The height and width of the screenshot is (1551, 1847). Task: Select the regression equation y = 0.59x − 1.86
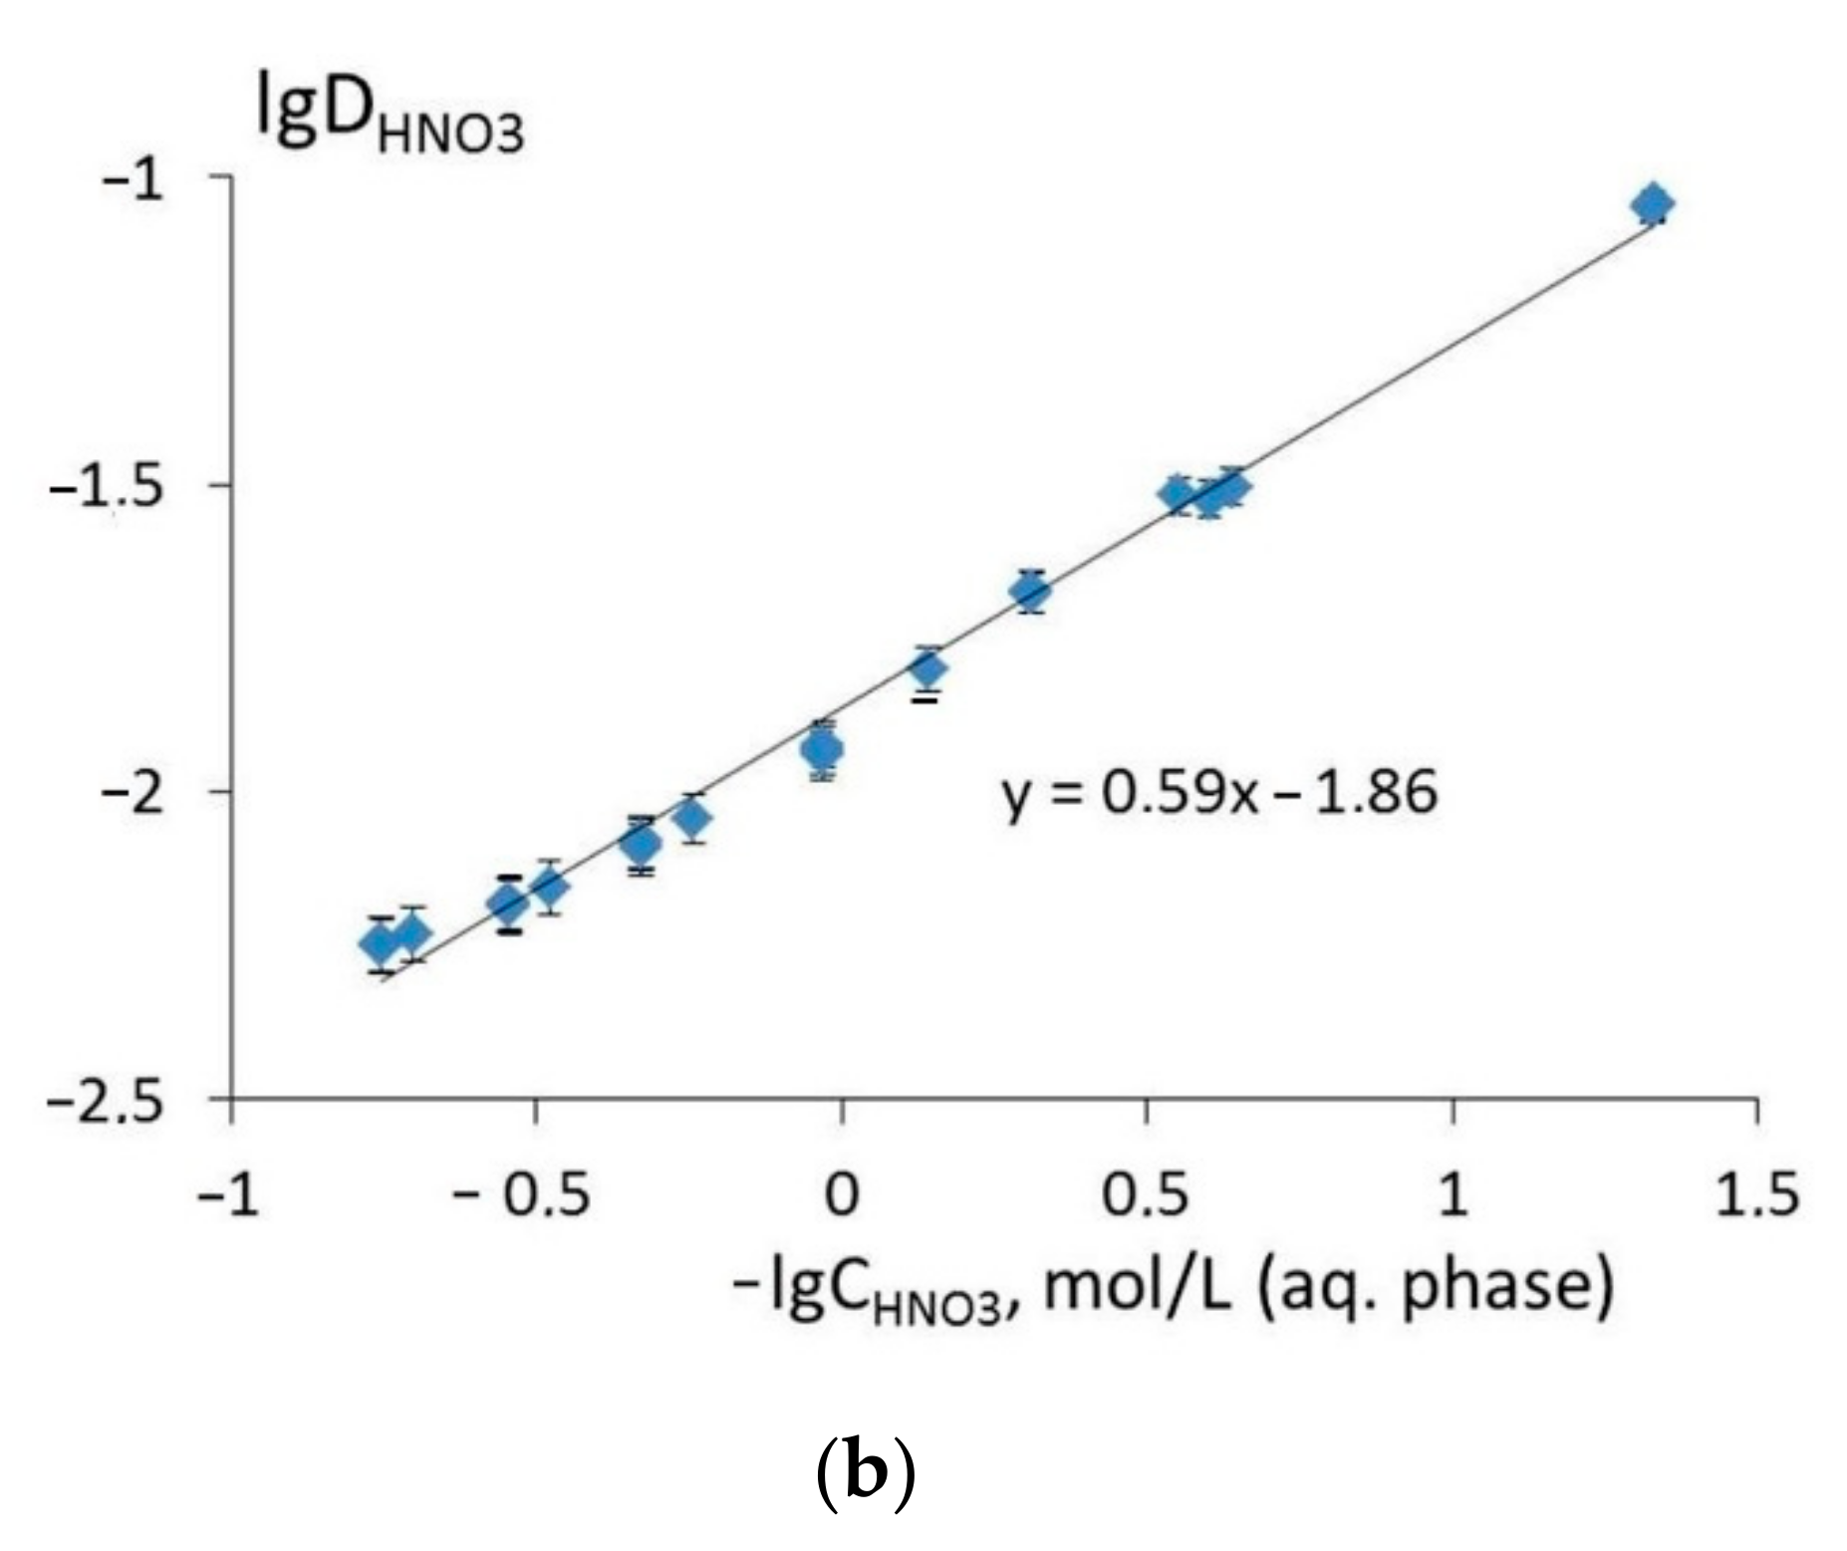(x=1220, y=794)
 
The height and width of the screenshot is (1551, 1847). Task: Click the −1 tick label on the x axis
(x=229, y=1193)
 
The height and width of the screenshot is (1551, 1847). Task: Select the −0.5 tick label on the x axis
(x=522, y=1193)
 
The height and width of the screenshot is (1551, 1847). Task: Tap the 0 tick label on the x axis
(x=842, y=1193)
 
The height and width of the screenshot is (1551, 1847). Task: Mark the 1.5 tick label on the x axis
(x=1755, y=1193)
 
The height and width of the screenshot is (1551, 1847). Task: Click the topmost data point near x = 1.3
(x=1652, y=204)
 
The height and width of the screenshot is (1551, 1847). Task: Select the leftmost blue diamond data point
(x=380, y=942)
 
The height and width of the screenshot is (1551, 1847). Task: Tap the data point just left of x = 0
(x=822, y=749)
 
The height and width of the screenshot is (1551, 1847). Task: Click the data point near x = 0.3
(x=1030, y=592)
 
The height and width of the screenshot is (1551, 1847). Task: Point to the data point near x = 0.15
(x=927, y=668)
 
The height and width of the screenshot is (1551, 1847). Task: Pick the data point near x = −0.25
(x=693, y=818)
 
